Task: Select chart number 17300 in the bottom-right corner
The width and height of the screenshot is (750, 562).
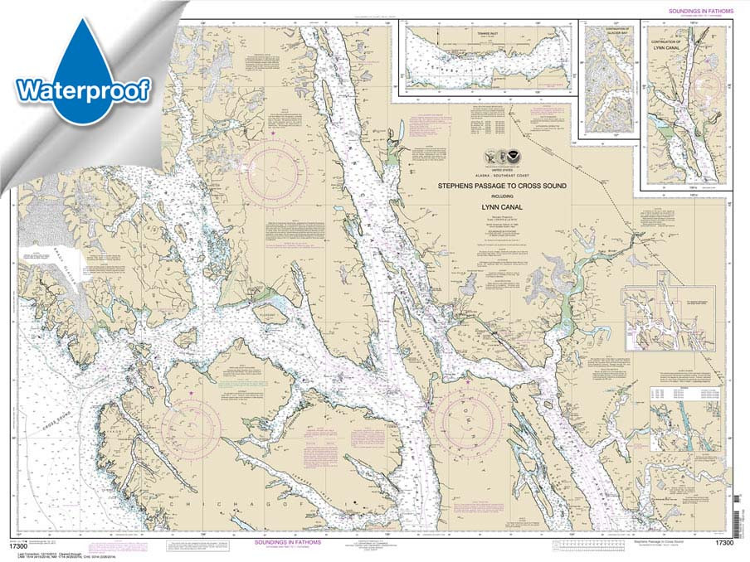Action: click(723, 543)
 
